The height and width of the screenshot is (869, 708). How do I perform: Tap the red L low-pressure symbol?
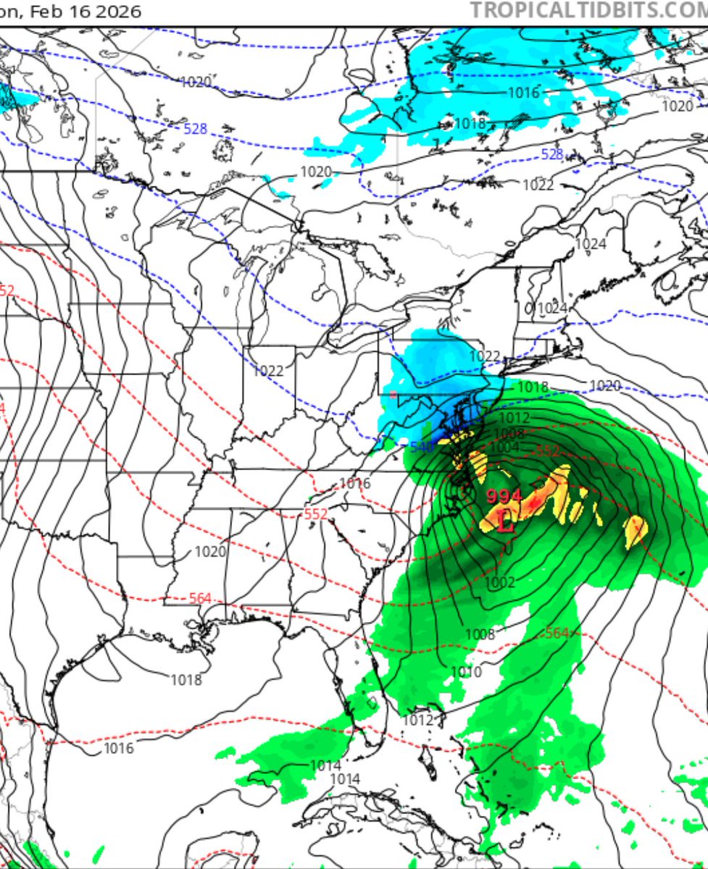(507, 521)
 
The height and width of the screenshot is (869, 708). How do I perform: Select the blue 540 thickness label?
(421, 448)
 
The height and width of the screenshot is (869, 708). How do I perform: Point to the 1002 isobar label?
(500, 582)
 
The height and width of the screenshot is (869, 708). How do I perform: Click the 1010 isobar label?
(465, 673)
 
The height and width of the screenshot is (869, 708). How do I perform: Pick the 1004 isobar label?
(505, 448)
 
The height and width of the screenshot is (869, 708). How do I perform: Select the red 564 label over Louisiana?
(200, 598)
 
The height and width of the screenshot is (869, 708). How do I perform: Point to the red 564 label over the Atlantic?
(557, 633)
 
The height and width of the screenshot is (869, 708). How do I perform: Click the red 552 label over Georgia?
(316, 514)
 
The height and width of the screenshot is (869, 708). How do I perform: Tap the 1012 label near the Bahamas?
(418, 720)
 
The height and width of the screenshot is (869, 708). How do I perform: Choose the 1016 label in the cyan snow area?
(523, 93)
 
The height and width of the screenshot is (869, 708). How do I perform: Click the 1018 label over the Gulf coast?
(186, 680)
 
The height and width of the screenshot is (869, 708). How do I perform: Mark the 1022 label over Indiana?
(268, 371)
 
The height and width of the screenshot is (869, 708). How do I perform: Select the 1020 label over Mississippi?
(210, 552)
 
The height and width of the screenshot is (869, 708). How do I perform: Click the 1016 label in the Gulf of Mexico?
(118, 748)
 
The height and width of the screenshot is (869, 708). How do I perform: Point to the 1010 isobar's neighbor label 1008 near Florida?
(480, 634)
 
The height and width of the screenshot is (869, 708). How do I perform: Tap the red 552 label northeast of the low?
(547, 451)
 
